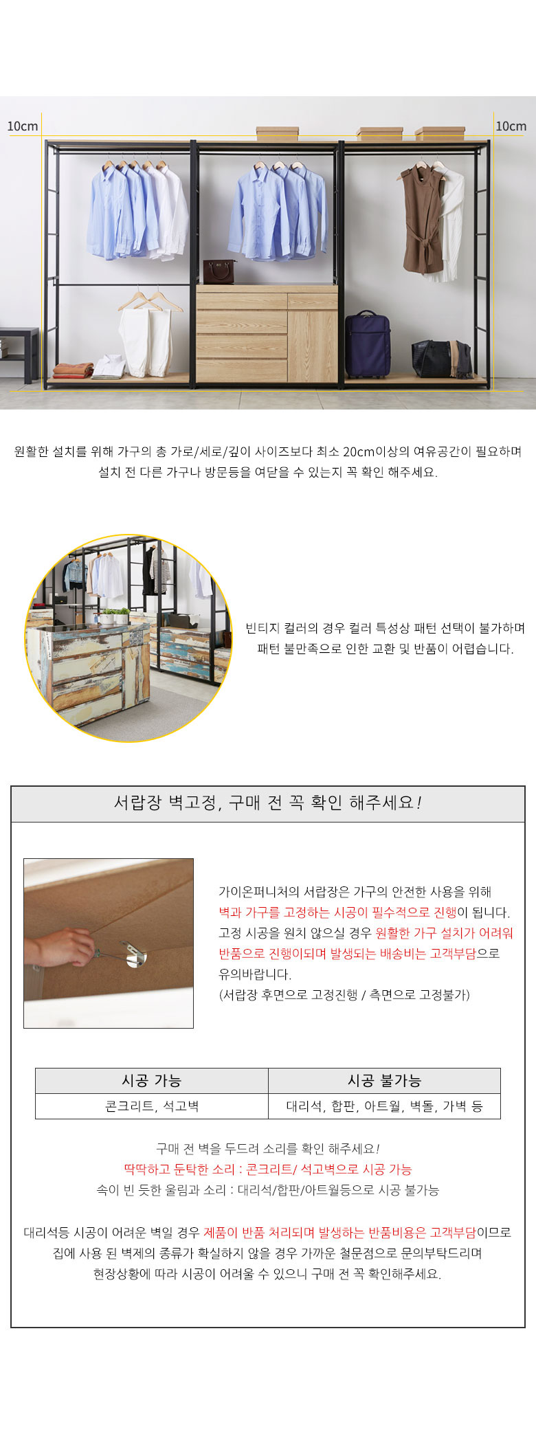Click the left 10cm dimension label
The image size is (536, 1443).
22,126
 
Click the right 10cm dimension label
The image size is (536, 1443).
511,126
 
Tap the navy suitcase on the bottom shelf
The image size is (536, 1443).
367,344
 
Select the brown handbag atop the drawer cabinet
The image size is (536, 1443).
219,271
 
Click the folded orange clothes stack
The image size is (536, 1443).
73,370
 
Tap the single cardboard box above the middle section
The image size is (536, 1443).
277,133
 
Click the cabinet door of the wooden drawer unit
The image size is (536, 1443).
312,345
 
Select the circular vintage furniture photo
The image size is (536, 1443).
129,638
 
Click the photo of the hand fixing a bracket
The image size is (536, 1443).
109,943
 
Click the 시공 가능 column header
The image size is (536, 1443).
151,1080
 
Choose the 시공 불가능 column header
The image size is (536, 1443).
384,1080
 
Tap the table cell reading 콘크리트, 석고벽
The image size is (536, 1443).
151,1106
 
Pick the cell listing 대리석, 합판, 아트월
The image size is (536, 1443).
384,1106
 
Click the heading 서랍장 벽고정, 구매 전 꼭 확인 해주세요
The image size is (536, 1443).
268,803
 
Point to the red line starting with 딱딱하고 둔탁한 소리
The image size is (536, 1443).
268,1169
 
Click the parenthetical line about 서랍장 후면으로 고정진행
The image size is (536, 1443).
344,994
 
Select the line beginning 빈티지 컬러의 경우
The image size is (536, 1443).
386,628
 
